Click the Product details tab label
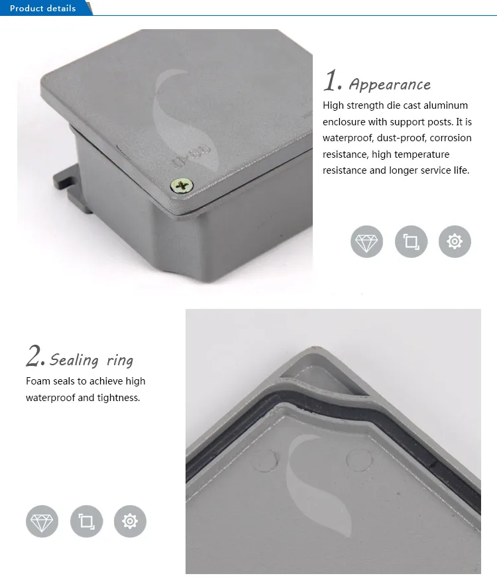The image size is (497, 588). point(43,9)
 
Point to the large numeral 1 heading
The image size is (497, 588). point(332,82)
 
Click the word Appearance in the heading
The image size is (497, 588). point(390,85)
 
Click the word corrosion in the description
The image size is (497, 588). point(451,138)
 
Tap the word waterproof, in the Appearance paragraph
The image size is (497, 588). point(348,138)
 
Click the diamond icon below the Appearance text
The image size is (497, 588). point(366,242)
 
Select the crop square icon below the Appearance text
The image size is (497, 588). point(411,242)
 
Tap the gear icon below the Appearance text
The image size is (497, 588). point(455,242)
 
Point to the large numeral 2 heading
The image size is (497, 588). point(34,357)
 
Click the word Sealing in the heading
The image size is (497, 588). point(74,361)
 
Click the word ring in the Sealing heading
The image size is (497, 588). point(120,361)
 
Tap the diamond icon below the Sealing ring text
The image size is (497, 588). point(42,521)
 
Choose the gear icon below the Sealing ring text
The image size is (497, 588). point(130,521)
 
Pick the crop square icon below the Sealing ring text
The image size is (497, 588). point(86,521)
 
